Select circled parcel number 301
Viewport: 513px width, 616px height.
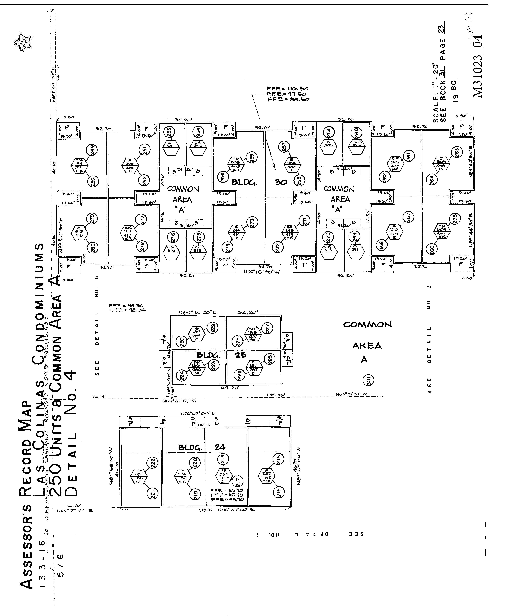369,380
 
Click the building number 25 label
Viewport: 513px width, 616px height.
240,355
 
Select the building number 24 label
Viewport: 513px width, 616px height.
220,447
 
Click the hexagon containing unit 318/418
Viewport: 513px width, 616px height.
79,233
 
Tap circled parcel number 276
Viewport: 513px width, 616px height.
173,236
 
